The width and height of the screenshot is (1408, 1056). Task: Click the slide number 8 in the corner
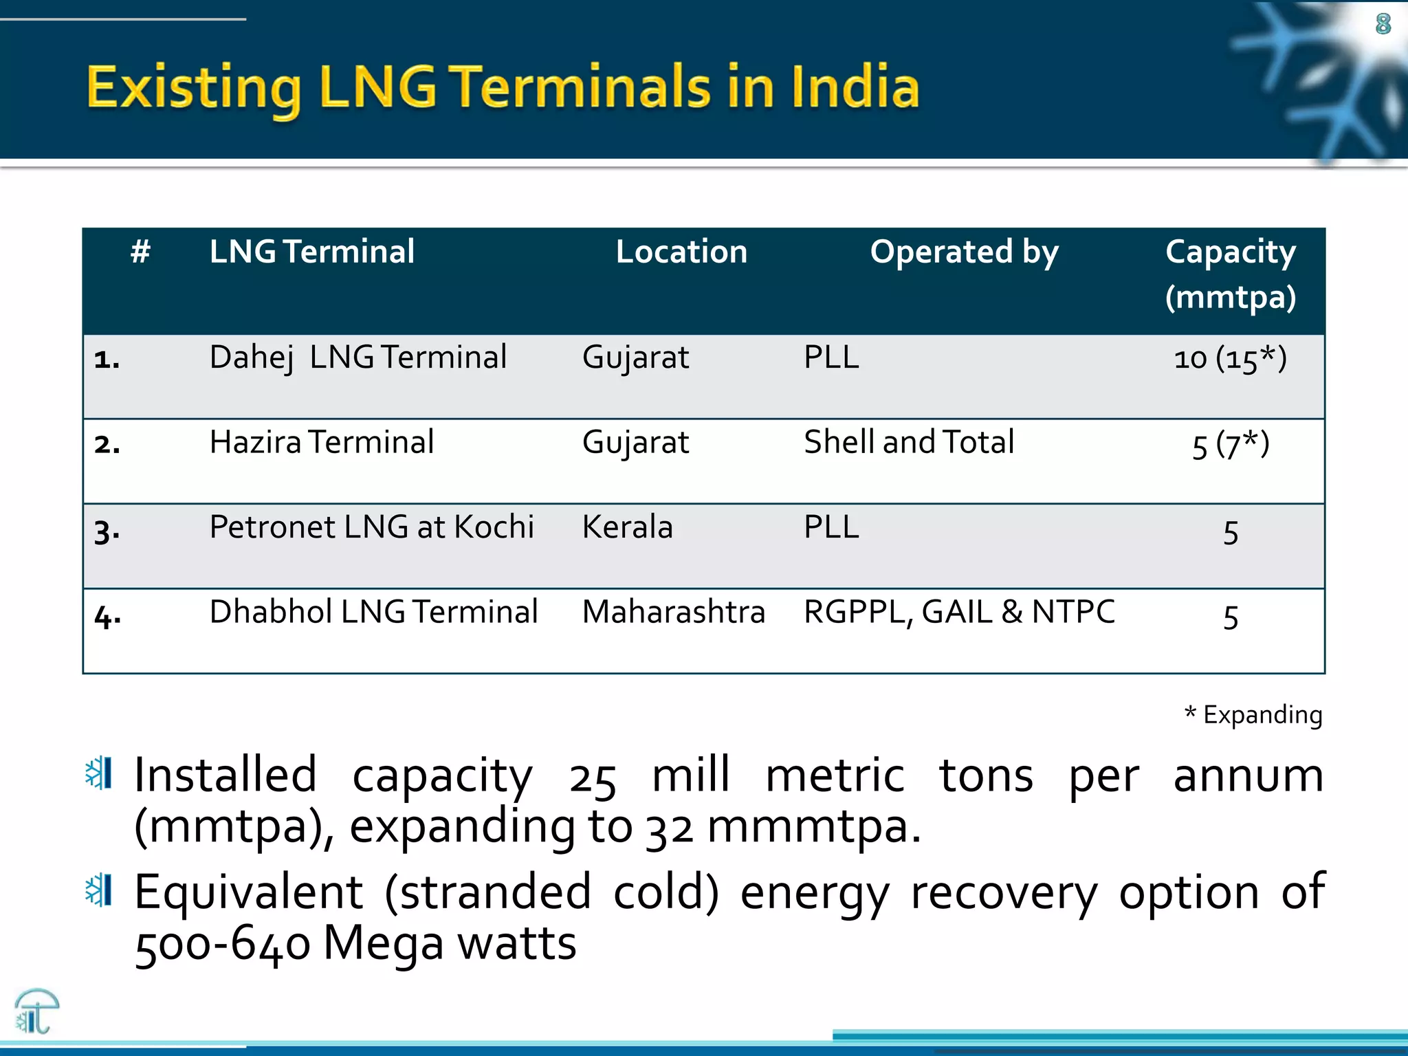tap(1383, 24)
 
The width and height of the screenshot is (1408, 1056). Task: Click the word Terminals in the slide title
tap(582, 87)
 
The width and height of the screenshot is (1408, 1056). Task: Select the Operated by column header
tap(964, 252)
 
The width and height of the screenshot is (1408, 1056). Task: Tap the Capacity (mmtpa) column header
tap(1230, 274)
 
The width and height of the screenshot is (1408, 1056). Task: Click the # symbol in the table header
tap(140, 252)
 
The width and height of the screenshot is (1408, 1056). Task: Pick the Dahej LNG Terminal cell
tap(357, 357)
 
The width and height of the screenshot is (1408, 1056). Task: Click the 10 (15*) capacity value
tap(1230, 359)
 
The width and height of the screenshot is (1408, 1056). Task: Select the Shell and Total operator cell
tap(909, 442)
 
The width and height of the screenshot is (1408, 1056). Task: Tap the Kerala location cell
tap(627, 527)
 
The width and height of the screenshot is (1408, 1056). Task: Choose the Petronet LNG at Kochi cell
tap(371, 527)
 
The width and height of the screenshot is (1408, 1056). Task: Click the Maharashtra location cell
tap(673, 612)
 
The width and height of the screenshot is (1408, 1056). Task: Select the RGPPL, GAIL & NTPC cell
tap(959, 612)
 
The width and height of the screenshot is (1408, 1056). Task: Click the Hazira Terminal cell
tap(322, 442)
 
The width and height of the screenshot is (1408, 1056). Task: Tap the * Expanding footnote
tap(1253, 715)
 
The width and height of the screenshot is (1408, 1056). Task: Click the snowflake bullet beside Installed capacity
tap(98, 773)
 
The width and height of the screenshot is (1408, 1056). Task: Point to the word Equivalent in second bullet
tap(248, 892)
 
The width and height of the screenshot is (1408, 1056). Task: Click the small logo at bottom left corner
tap(36, 1011)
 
